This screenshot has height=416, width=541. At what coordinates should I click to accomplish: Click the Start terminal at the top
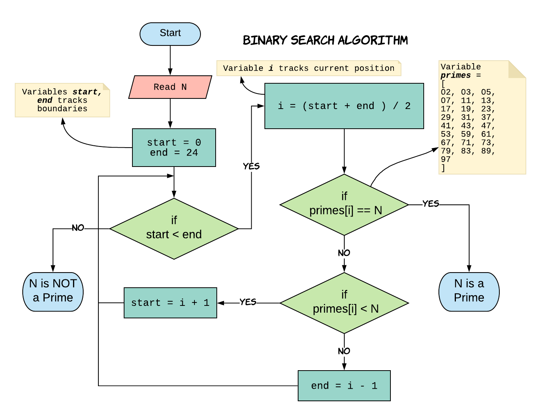click(170, 34)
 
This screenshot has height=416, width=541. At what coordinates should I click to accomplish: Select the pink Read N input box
click(170, 87)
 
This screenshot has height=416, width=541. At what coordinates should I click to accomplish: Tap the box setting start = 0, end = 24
click(174, 148)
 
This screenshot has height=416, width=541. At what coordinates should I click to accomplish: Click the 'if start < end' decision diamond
click(174, 228)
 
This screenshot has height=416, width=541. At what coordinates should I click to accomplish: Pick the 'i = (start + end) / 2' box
click(344, 106)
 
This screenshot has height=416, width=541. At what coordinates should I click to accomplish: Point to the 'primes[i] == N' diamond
click(344, 204)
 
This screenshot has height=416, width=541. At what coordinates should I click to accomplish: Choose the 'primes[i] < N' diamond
click(344, 303)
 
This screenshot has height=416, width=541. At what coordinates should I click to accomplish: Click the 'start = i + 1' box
click(170, 303)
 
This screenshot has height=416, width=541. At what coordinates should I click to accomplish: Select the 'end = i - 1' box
click(344, 386)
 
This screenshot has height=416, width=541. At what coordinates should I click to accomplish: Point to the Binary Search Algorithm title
click(325, 40)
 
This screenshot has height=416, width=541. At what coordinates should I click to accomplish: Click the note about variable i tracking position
click(309, 69)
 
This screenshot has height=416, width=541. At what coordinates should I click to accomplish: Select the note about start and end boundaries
click(62, 100)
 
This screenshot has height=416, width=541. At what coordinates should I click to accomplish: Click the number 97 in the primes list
click(446, 159)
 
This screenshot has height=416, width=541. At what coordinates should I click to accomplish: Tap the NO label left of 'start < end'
click(78, 228)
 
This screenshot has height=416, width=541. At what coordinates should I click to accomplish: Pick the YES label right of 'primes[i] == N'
click(431, 204)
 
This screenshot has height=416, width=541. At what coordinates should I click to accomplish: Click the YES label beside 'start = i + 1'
click(248, 302)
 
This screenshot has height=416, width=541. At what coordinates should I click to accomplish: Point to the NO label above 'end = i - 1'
click(344, 351)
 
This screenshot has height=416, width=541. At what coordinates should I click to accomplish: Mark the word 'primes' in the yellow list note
click(455, 75)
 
